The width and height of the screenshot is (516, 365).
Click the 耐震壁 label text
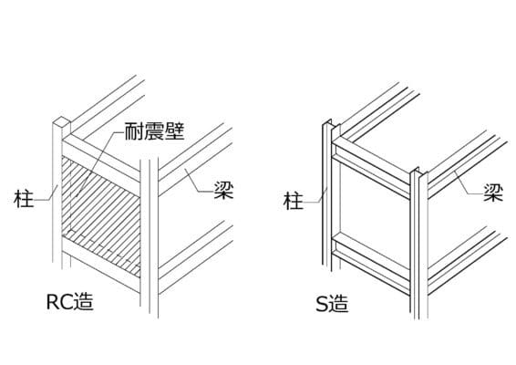(154, 131)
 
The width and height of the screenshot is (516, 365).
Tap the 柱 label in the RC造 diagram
(24, 198)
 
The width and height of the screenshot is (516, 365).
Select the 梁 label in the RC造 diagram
(224, 190)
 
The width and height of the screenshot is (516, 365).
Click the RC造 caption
(70, 301)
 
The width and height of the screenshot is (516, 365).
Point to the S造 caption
(332, 304)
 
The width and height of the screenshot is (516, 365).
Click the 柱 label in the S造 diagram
(294, 201)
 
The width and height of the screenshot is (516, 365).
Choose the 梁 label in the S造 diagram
(493, 193)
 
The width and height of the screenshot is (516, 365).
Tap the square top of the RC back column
(62, 122)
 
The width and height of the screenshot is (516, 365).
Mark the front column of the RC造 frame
(150, 237)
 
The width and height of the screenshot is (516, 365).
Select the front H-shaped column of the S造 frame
(419, 244)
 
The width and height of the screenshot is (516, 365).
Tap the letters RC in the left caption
(59, 301)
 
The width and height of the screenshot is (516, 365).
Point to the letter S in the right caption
(321, 304)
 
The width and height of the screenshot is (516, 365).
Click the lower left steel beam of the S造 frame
(371, 264)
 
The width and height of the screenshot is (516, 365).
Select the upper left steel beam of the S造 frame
(371, 168)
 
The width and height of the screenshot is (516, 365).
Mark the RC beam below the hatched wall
(101, 265)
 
